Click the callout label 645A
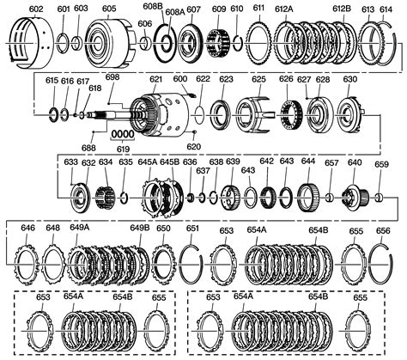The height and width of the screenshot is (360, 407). click(147, 161)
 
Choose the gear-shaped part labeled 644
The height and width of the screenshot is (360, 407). click(308, 201)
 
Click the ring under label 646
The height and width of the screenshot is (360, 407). click(28, 258)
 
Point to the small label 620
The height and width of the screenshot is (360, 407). click(193, 147)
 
